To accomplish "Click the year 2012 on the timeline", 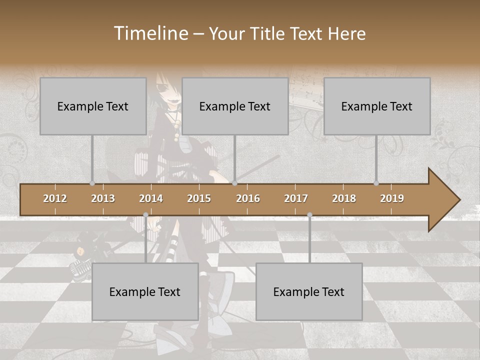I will click(x=55, y=198).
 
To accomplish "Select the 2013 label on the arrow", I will click(x=103, y=198).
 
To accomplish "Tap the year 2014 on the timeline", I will click(x=151, y=198).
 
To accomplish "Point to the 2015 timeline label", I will click(x=199, y=198).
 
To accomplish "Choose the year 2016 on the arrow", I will click(x=248, y=198).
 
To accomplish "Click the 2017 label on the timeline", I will click(x=296, y=198).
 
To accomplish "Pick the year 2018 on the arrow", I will click(x=344, y=198).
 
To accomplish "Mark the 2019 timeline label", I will click(x=392, y=198).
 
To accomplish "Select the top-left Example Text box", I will click(x=93, y=106).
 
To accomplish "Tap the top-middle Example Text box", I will click(x=235, y=106).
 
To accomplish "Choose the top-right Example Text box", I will click(x=377, y=106).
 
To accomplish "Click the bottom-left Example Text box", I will click(x=145, y=291).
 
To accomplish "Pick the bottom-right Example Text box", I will click(x=309, y=291).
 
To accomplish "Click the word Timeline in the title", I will click(x=150, y=33).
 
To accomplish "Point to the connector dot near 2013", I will click(x=92, y=183).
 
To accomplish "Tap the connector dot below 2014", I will click(x=145, y=214).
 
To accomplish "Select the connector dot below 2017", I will click(x=309, y=214).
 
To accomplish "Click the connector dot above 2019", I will click(x=376, y=183).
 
